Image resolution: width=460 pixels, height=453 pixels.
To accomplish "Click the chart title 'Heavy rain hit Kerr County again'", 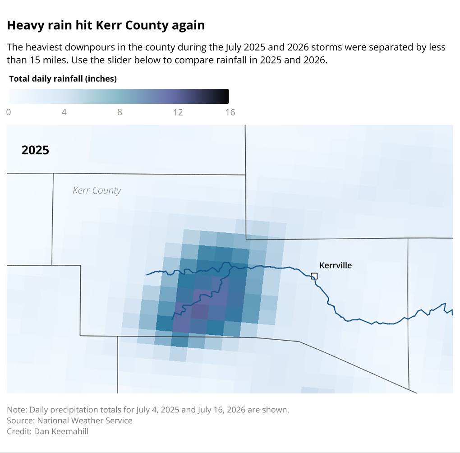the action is [x=106, y=25].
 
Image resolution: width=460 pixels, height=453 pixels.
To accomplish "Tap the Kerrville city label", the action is [x=336, y=265].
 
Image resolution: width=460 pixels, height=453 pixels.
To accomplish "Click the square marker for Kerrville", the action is [x=314, y=276].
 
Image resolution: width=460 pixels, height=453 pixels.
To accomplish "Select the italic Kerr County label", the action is [x=97, y=190].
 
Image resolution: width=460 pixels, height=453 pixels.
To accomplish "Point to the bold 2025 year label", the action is [x=35, y=150].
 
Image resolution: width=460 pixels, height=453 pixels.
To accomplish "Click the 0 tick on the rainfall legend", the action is [x=9, y=112].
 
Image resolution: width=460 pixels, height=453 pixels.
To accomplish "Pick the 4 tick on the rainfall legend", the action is [x=64, y=112].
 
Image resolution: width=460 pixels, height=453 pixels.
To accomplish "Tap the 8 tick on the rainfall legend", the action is [x=120, y=112].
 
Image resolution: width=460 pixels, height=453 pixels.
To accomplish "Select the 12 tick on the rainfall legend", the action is [x=178, y=112].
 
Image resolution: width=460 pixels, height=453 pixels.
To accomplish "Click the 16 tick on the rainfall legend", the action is [x=230, y=112].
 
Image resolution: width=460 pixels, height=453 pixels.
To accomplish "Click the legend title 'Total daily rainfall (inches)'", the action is [x=63, y=79].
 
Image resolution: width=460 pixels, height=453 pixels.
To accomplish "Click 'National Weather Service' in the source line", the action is [x=85, y=421].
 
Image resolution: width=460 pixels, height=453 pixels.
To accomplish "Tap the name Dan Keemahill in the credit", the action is [x=61, y=431].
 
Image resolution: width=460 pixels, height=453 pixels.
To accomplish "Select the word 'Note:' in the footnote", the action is [x=17, y=410].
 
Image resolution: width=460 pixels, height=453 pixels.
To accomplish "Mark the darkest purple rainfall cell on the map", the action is [x=200, y=311].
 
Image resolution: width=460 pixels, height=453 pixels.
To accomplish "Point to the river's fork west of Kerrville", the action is [x=230, y=266].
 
